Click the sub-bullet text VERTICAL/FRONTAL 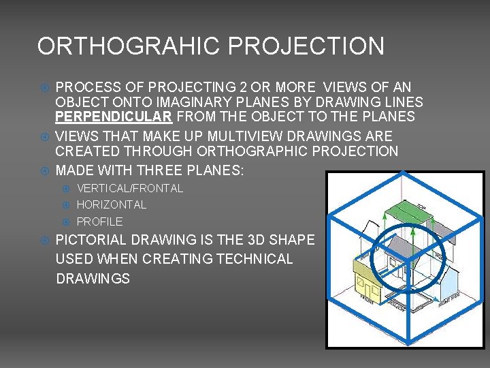[130, 188]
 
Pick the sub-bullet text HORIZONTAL [112, 204]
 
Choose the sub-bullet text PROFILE [100, 221]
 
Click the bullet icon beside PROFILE [67, 221]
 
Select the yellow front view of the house [370, 277]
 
